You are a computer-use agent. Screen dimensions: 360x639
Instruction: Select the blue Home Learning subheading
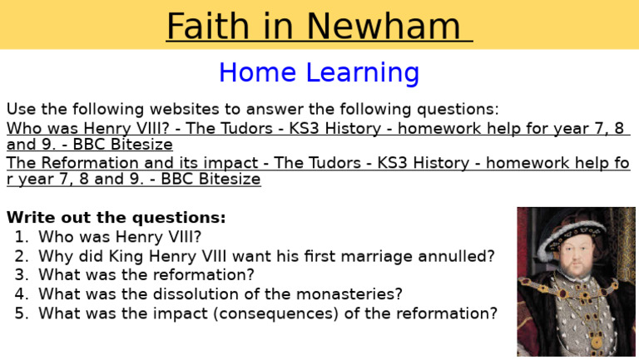(319, 73)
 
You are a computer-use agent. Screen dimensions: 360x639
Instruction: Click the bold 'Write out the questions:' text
(116, 218)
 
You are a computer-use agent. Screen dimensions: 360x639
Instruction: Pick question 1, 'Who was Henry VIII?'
(120, 236)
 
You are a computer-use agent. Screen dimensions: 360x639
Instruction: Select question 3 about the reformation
(146, 274)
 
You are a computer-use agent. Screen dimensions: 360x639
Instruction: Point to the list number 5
(21, 313)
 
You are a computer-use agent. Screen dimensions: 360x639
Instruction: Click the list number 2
(21, 255)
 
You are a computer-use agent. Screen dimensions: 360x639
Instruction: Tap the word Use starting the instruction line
(20, 109)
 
